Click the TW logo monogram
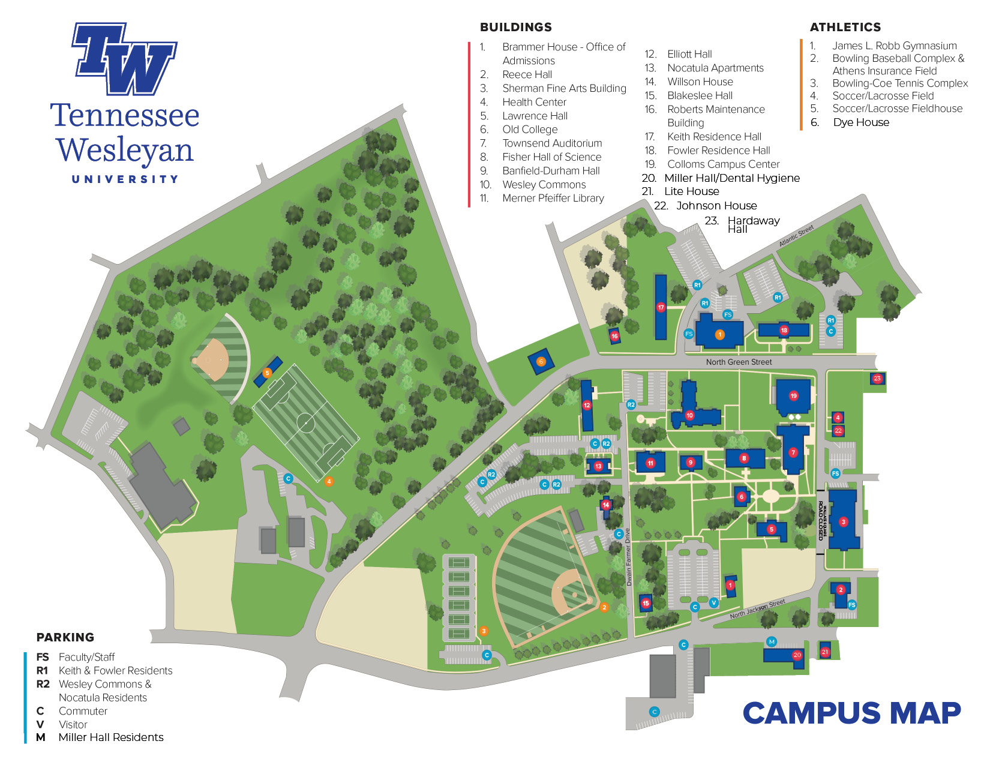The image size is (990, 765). tap(124, 59)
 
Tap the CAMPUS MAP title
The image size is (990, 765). tap(851, 713)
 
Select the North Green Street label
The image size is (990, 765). tap(739, 362)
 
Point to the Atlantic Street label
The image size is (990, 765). tap(796, 236)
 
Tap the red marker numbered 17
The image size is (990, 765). tap(661, 307)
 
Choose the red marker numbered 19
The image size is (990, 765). tap(793, 396)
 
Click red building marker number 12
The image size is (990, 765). tap(587, 405)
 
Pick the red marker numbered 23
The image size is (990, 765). tap(877, 379)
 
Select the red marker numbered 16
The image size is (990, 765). tap(614, 337)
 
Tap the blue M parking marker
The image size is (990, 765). tap(772, 641)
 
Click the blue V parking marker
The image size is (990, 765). tap(713, 602)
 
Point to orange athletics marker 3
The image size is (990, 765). tap(484, 631)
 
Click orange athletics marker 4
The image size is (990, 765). tap(329, 481)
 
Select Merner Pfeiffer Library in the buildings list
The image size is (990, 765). tap(553, 198)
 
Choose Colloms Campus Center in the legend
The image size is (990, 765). tap(723, 164)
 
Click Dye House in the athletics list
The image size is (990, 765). tap(860, 122)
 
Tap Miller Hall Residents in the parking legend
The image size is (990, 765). tap(111, 737)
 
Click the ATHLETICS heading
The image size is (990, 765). tap(845, 27)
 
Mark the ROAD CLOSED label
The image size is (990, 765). tap(821, 520)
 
